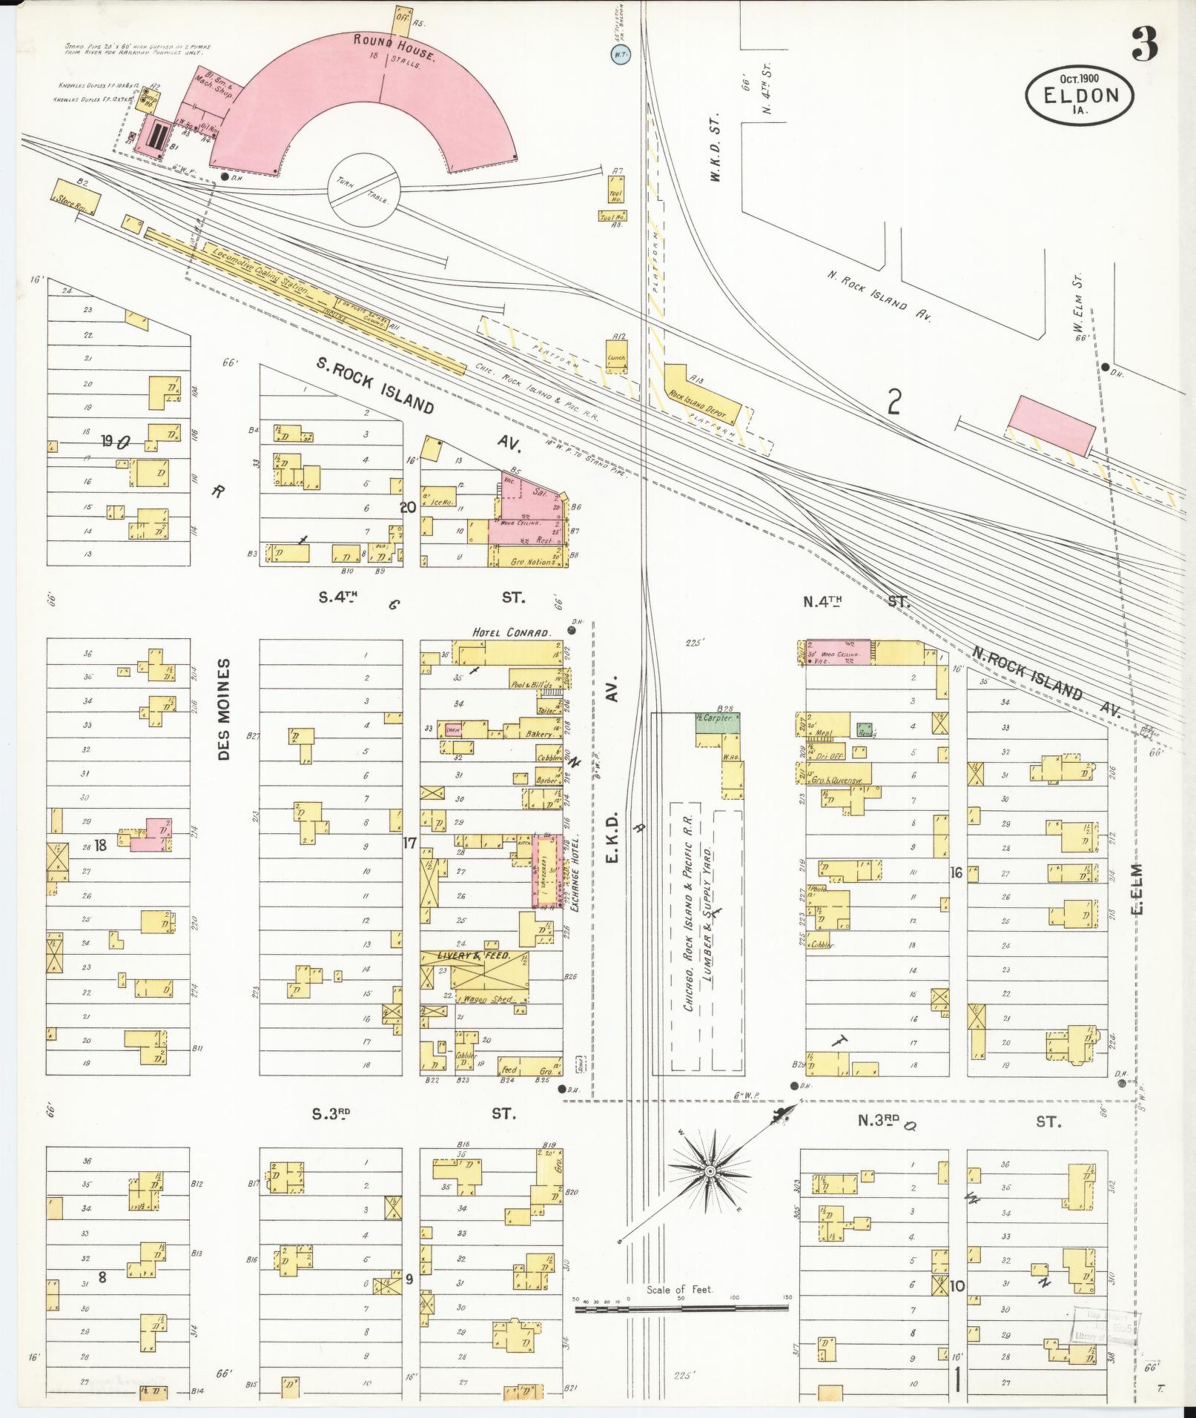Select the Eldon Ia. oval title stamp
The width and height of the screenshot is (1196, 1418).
(1080, 93)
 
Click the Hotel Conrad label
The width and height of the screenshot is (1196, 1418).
(512, 633)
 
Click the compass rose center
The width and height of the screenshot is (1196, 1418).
(710, 1170)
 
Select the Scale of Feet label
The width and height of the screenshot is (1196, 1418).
(679, 1289)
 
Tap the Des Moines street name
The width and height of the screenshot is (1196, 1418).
(225, 709)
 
